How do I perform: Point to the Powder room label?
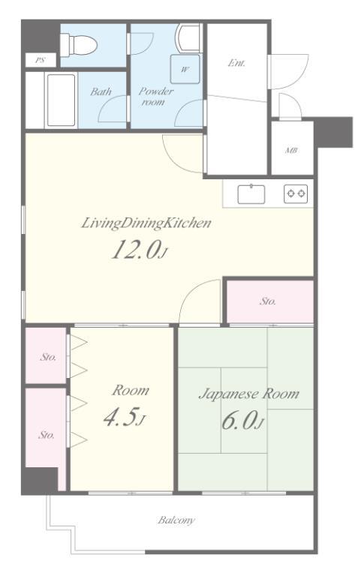[156, 97]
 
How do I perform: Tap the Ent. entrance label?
[237, 64]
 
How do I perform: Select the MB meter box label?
[291, 150]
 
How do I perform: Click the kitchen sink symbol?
[251, 194]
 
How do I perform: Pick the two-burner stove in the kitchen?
[296, 194]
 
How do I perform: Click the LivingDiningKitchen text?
[146, 223]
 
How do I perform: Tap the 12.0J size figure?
[137, 250]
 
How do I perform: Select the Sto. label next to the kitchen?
[268, 301]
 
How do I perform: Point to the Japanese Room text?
[248, 394]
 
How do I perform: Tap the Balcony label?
[176, 520]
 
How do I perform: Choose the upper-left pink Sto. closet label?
[47, 357]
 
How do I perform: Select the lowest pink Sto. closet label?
[47, 434]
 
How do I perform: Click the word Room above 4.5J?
[131, 391]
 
